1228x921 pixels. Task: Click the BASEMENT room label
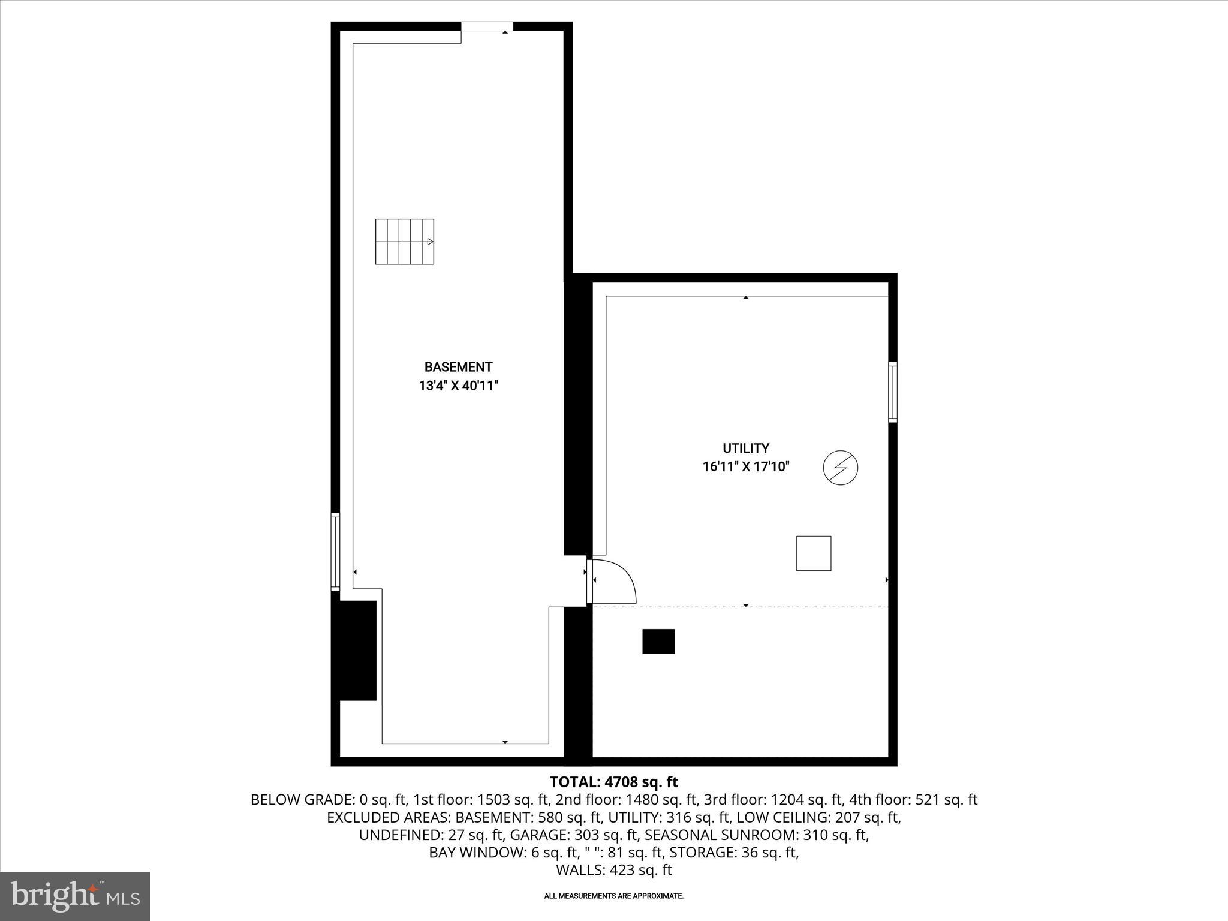pyautogui.click(x=458, y=367)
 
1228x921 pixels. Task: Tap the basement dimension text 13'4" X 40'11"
pyautogui.click(x=458, y=386)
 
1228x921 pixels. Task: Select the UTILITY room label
pyautogui.click(x=745, y=448)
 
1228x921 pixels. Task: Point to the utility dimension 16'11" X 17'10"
pyautogui.click(x=745, y=466)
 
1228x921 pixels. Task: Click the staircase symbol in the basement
pyautogui.click(x=405, y=242)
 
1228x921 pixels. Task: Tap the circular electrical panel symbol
pyautogui.click(x=840, y=467)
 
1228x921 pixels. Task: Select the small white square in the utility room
pyautogui.click(x=814, y=553)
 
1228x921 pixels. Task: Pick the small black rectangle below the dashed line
pyautogui.click(x=658, y=641)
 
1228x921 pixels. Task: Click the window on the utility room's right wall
pyautogui.click(x=893, y=392)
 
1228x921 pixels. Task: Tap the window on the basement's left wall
pyautogui.click(x=335, y=552)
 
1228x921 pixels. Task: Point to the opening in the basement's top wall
pyautogui.click(x=487, y=26)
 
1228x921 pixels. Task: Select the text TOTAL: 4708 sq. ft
pyautogui.click(x=613, y=782)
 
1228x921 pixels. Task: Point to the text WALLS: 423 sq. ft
pyautogui.click(x=613, y=870)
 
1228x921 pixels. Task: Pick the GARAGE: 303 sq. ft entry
pyautogui.click(x=573, y=835)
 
